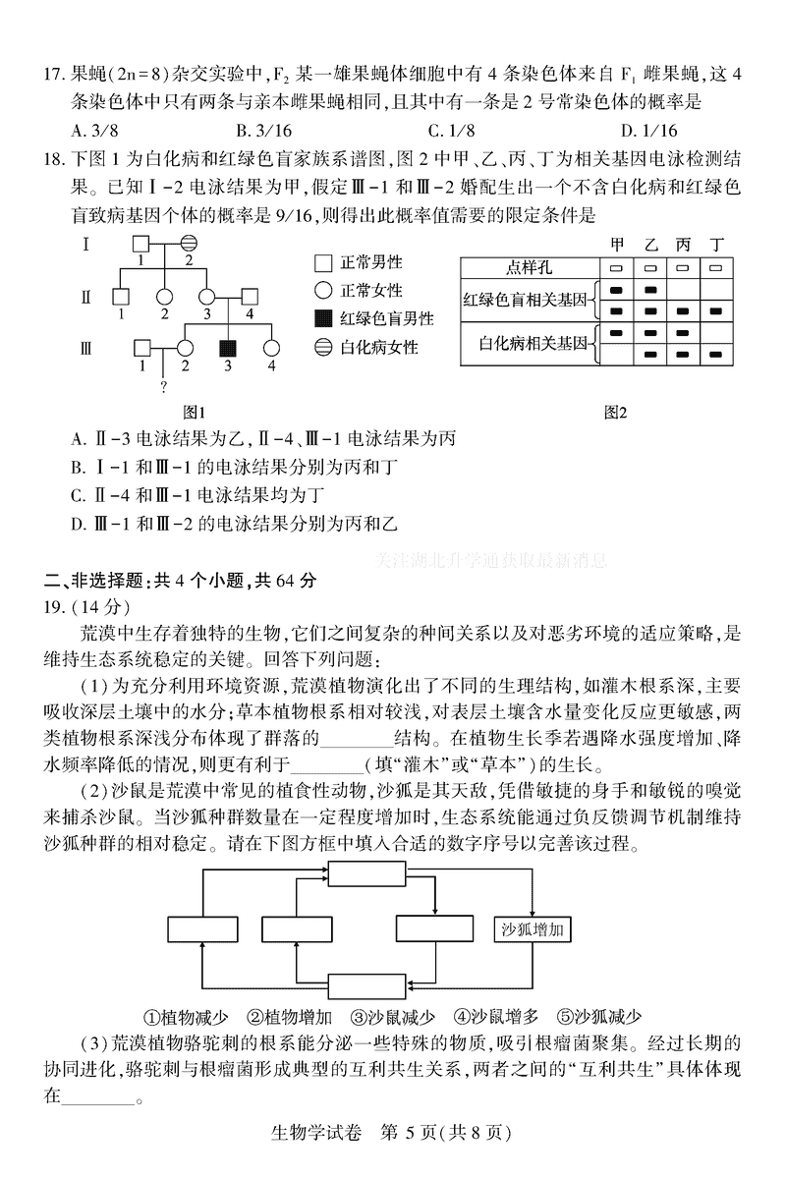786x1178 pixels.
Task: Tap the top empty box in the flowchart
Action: pos(360,873)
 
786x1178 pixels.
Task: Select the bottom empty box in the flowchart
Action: pos(360,985)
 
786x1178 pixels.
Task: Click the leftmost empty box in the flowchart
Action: pos(200,929)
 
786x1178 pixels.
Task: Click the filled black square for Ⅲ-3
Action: pos(228,349)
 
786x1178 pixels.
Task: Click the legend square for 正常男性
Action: pos(322,263)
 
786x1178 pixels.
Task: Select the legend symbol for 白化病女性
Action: pos(322,347)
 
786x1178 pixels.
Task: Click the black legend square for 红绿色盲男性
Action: pos(322,318)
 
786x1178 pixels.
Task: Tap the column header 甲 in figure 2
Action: pos(618,245)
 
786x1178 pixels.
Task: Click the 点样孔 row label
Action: pos(531,267)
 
